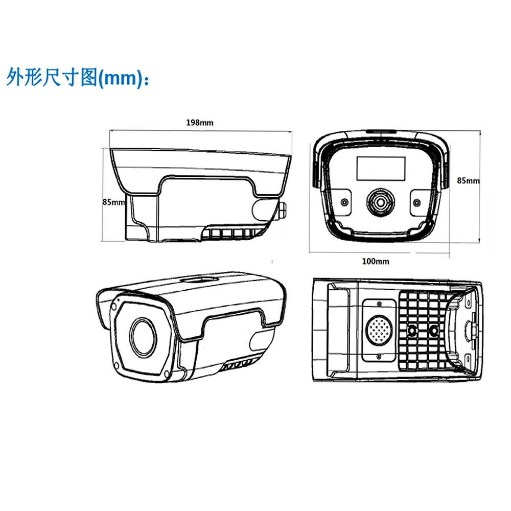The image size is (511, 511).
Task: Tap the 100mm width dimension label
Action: tap(376, 262)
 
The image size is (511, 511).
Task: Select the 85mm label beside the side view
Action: tap(113, 202)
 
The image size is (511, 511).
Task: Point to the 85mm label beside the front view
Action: tap(468, 180)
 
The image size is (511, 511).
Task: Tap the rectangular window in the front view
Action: tap(381, 168)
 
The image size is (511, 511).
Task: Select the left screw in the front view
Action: tap(345, 202)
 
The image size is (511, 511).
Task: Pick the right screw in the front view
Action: tap(416, 202)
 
